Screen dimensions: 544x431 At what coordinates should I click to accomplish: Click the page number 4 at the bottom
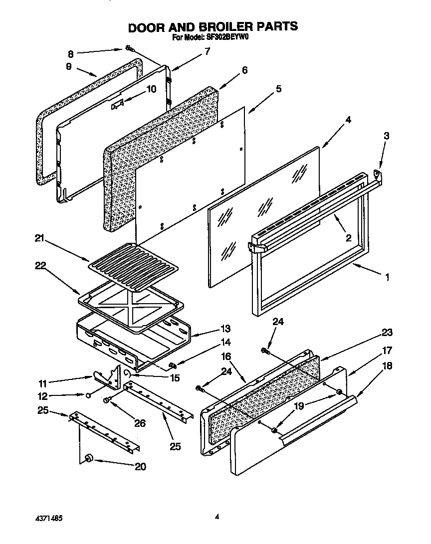217,517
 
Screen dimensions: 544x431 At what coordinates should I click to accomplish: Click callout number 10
151,89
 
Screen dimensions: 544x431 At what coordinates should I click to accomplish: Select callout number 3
386,135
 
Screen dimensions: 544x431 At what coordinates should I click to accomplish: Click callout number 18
387,365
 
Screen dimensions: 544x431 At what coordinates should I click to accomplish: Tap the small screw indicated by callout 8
129,48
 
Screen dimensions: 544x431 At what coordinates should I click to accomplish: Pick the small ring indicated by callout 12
88,395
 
